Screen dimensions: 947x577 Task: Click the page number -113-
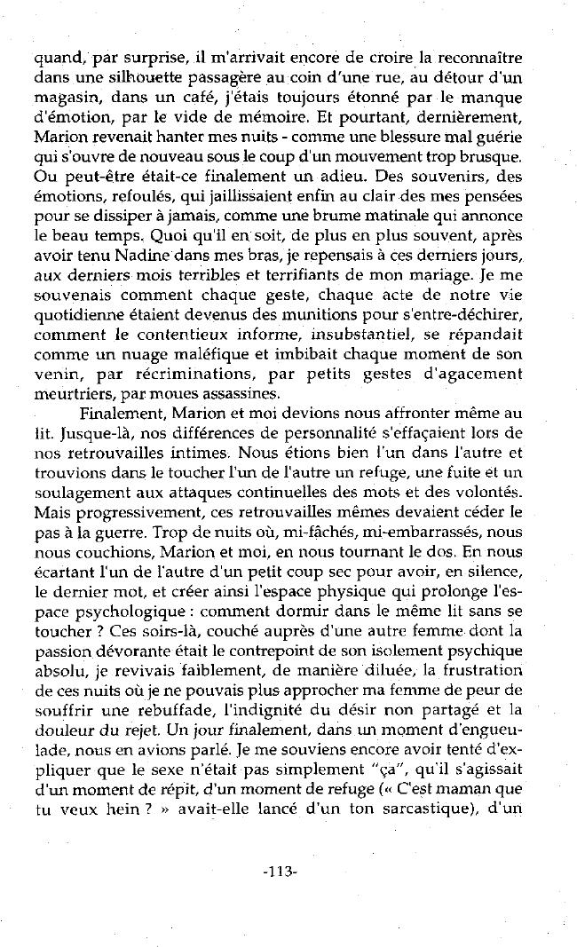(280, 871)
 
